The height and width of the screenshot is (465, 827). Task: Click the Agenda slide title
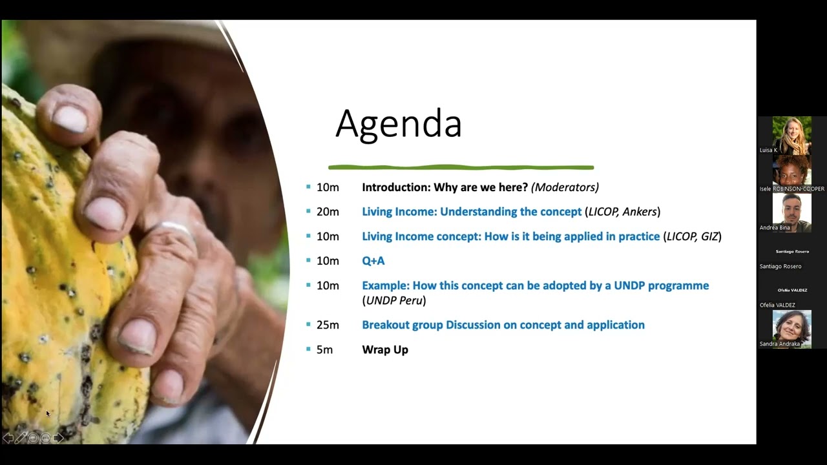tap(398, 123)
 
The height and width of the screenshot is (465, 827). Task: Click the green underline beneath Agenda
tap(461, 168)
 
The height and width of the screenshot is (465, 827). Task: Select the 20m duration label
tap(328, 212)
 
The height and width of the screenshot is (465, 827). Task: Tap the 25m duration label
tap(328, 325)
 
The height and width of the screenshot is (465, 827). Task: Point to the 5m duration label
tap(324, 349)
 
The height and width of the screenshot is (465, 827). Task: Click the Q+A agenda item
tap(373, 261)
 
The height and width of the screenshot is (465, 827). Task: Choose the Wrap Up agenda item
tap(385, 349)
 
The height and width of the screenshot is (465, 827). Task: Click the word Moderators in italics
tap(564, 187)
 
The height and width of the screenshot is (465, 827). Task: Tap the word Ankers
tap(639, 212)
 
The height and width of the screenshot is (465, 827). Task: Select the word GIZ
tap(709, 236)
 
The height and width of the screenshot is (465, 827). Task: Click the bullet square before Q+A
tap(308, 260)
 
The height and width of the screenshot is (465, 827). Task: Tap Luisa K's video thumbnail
tap(791, 134)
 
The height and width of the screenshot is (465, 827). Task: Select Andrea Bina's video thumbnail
tap(791, 212)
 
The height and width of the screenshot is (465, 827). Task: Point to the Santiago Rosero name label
tap(780, 266)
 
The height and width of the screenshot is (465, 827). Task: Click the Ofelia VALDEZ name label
tap(777, 305)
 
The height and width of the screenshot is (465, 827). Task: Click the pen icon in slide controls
tap(20, 438)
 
